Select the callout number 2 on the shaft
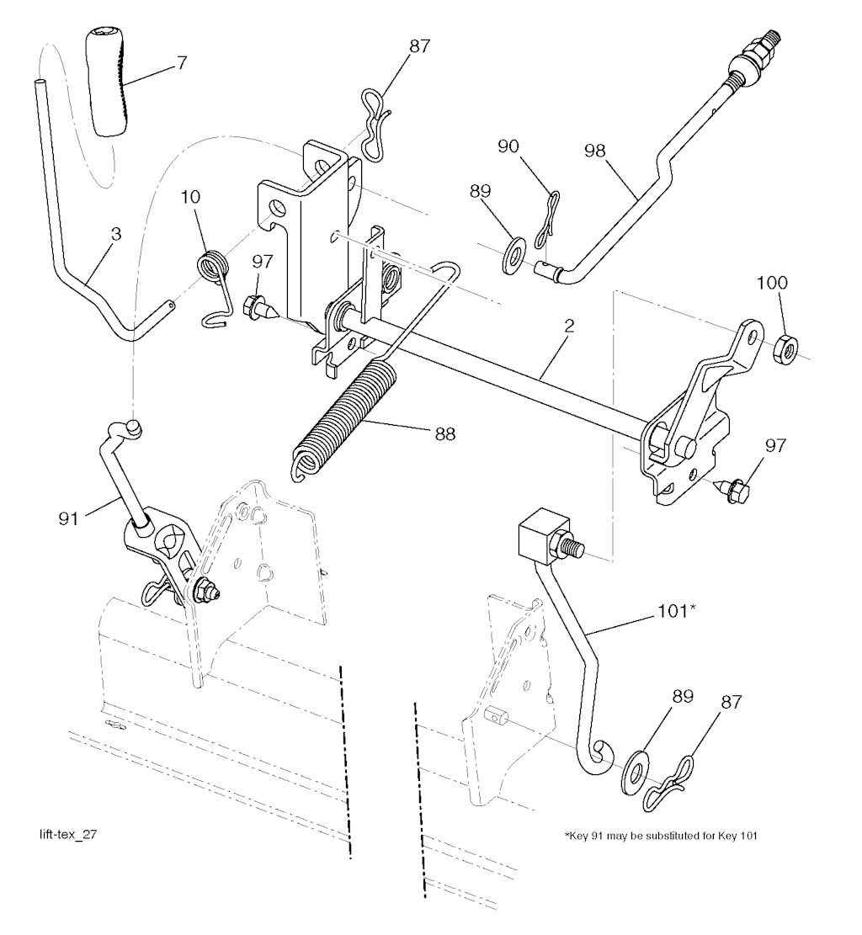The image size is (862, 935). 569,327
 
